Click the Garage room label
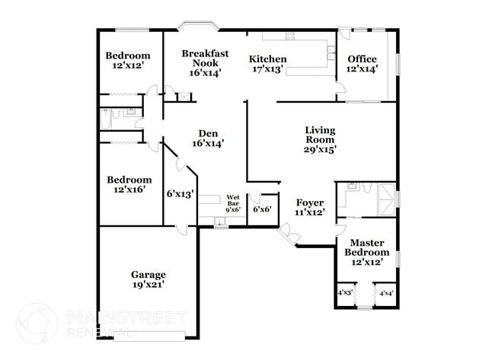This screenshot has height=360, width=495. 148,275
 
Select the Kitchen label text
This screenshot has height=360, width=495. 268,59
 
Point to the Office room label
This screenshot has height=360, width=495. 362,59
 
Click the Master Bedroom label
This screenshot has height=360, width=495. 366,247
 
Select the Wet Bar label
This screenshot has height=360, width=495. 233,201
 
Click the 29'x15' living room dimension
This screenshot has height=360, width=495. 320,150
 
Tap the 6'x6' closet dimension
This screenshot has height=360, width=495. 262,209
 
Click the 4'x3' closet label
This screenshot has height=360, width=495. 345,293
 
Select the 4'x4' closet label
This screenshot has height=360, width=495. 386,293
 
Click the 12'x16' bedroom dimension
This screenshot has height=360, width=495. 128,190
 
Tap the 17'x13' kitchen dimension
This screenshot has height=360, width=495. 268,68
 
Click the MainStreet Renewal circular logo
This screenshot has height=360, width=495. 36,323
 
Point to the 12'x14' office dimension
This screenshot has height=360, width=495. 362,68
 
